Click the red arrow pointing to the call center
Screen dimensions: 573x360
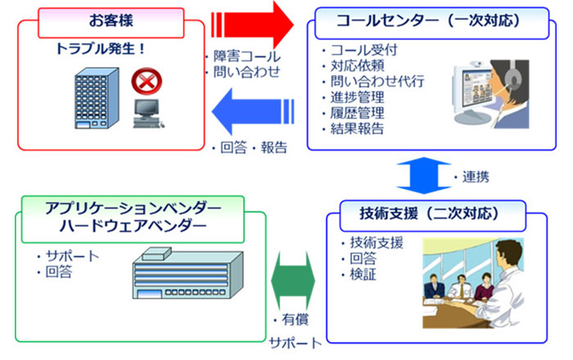(x=253, y=25)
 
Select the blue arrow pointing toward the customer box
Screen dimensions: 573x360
(x=253, y=111)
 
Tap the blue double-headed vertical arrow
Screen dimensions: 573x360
(x=423, y=176)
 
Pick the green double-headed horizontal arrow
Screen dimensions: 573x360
(x=293, y=281)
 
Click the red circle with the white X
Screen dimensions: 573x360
(x=147, y=81)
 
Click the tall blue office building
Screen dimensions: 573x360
(x=97, y=98)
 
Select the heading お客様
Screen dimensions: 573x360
(x=111, y=20)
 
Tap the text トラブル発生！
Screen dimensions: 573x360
(x=101, y=48)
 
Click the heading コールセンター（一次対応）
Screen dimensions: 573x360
(x=428, y=20)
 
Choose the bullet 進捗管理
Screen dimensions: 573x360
(x=358, y=97)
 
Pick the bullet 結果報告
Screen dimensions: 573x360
(x=358, y=128)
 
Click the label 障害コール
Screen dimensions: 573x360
(x=247, y=56)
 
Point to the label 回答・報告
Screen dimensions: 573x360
(x=254, y=147)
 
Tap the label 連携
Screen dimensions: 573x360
(x=476, y=177)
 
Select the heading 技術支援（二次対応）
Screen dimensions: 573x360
(x=430, y=214)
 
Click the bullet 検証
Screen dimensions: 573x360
(x=363, y=275)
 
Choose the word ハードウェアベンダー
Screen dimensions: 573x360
(x=133, y=227)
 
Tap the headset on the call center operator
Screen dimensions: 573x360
(x=514, y=76)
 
